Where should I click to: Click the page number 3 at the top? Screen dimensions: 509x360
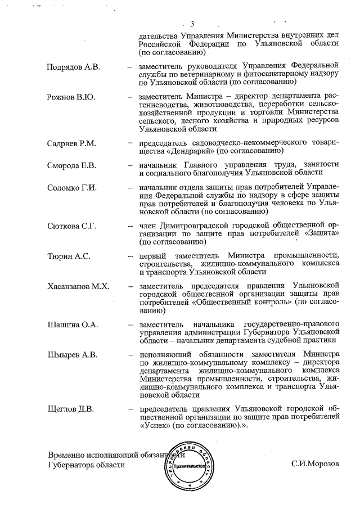pos(192,23)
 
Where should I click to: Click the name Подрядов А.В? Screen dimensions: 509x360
pos(73,67)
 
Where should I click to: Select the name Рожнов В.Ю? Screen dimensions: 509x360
pos(71,97)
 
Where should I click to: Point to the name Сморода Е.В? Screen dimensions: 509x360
pos(72,165)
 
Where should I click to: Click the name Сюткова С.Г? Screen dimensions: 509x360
pos(72,226)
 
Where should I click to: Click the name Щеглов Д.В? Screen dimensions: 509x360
pos(70,408)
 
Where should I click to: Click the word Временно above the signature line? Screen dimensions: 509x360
pos(66,454)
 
